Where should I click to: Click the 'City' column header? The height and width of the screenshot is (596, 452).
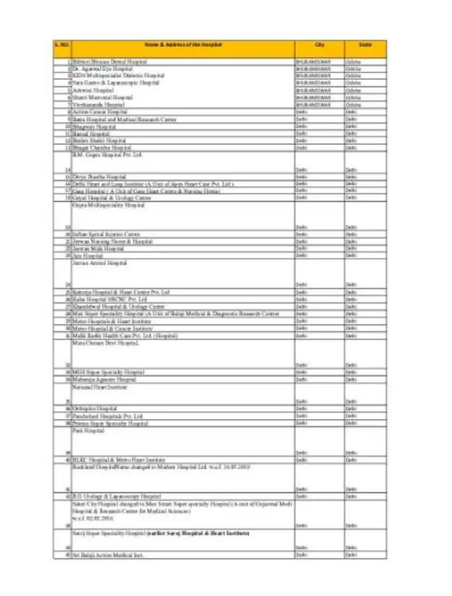click(x=319, y=44)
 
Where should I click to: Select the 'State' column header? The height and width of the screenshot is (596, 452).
click(x=365, y=44)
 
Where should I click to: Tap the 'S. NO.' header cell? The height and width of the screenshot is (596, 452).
click(x=62, y=44)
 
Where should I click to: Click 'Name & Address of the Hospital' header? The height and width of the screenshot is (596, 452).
click(x=183, y=44)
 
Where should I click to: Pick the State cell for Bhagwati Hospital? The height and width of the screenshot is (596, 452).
click(x=353, y=126)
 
